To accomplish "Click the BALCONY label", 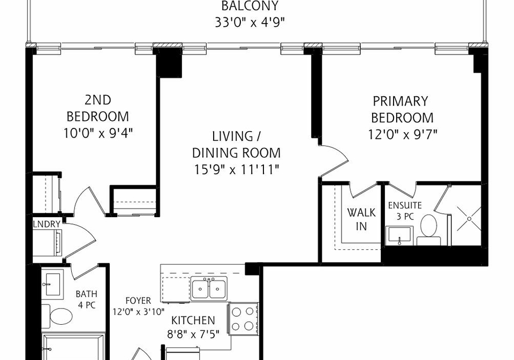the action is [250, 6].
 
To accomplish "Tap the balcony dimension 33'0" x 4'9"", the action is [250, 22].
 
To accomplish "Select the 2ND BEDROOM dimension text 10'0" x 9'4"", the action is [98, 133].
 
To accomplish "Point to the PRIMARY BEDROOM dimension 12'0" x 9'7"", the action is [403, 134].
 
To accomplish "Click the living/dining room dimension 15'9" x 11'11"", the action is [236, 170].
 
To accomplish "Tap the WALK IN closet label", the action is [361, 219].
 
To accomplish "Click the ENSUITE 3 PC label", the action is [405, 211].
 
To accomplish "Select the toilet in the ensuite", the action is [428, 230].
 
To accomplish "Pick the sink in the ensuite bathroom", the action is [399, 235].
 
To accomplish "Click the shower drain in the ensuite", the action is [470, 218].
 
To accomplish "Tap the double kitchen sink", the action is [209, 288].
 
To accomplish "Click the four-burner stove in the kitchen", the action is [244, 319].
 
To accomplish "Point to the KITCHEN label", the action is [193, 320].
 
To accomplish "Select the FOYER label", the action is [138, 301].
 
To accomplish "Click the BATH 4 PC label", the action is [87, 300].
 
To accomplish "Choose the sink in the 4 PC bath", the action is [52, 285].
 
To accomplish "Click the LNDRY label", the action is [47, 224].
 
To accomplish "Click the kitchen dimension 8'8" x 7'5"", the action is [193, 334].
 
